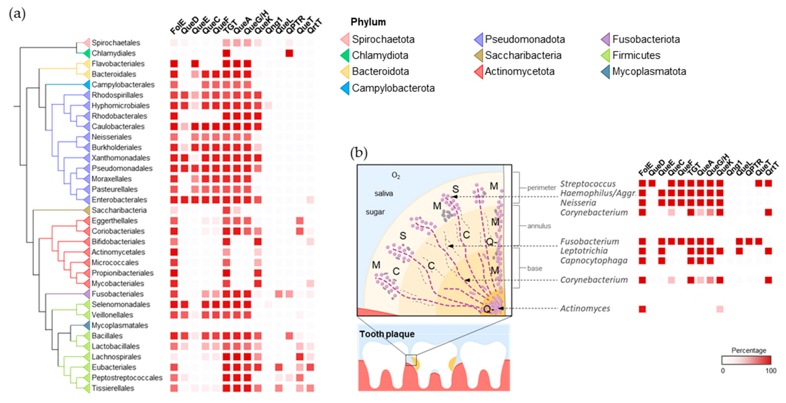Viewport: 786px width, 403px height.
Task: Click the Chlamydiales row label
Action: pyautogui.click(x=114, y=53)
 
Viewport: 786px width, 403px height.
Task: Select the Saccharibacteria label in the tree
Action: pyautogui.click(x=119, y=210)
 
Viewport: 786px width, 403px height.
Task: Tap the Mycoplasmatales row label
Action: pyautogui.click(x=120, y=325)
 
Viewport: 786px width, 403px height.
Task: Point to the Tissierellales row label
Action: pyautogui.click(x=113, y=388)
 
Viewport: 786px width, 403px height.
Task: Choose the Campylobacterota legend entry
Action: pyautogui.click(x=393, y=88)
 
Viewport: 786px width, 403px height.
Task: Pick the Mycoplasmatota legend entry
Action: pyautogui.click(x=649, y=71)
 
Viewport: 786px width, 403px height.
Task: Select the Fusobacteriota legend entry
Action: pyautogui.click(x=646, y=39)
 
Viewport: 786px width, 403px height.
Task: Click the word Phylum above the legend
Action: pyautogui.click(x=368, y=22)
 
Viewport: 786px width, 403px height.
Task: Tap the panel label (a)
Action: pyautogui.click(x=17, y=14)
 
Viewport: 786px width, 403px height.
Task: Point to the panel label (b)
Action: pyautogui.click(x=359, y=153)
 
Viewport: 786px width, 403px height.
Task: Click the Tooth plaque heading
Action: pyautogui.click(x=387, y=334)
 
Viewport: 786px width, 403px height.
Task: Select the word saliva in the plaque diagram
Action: pyautogui.click(x=383, y=193)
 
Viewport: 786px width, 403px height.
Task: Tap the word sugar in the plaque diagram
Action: pyautogui.click(x=375, y=212)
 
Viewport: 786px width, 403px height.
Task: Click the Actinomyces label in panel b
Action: pyautogui.click(x=585, y=308)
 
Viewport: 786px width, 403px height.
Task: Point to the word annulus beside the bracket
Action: pyautogui.click(x=539, y=226)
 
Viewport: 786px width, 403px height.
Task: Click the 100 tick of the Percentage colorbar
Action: pyautogui.click(x=771, y=371)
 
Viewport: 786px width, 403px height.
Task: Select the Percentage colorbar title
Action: pyautogui.click(x=749, y=350)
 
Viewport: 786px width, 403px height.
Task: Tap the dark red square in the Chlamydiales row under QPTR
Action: pyautogui.click(x=289, y=53)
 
